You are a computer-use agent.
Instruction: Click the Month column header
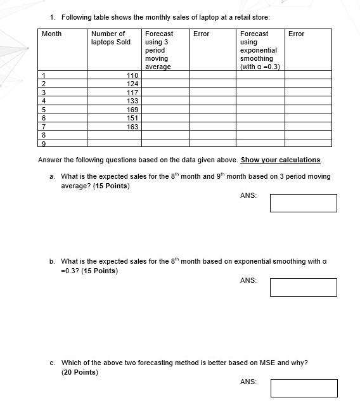[x=51, y=34]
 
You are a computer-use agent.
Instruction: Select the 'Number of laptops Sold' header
[x=110, y=38]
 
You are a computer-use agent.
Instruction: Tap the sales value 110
[x=132, y=75]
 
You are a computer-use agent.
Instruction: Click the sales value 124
[x=132, y=84]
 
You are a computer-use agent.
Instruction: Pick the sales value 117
[x=132, y=93]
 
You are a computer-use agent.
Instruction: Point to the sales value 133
[x=132, y=101]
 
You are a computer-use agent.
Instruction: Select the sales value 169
[x=132, y=110]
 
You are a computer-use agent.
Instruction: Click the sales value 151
[x=132, y=118]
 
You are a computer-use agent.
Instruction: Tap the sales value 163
[x=132, y=127]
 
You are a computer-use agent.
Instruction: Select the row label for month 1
[x=44, y=75]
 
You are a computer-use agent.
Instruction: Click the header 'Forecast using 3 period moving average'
[x=158, y=50]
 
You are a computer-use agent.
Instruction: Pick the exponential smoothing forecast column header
[x=260, y=50]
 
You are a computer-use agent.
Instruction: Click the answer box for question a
[x=303, y=203]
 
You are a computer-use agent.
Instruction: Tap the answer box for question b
[x=303, y=287]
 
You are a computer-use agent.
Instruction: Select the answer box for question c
[x=304, y=388]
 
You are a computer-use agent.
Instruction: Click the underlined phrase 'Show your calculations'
[x=280, y=160]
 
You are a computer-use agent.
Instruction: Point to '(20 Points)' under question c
[x=80, y=372]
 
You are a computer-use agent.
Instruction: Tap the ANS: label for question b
[x=248, y=280]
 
